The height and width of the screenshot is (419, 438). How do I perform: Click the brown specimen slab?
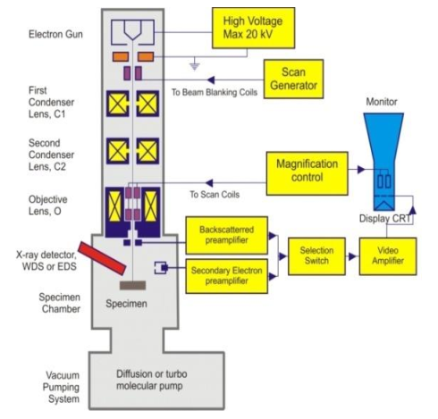tap(135, 285)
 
